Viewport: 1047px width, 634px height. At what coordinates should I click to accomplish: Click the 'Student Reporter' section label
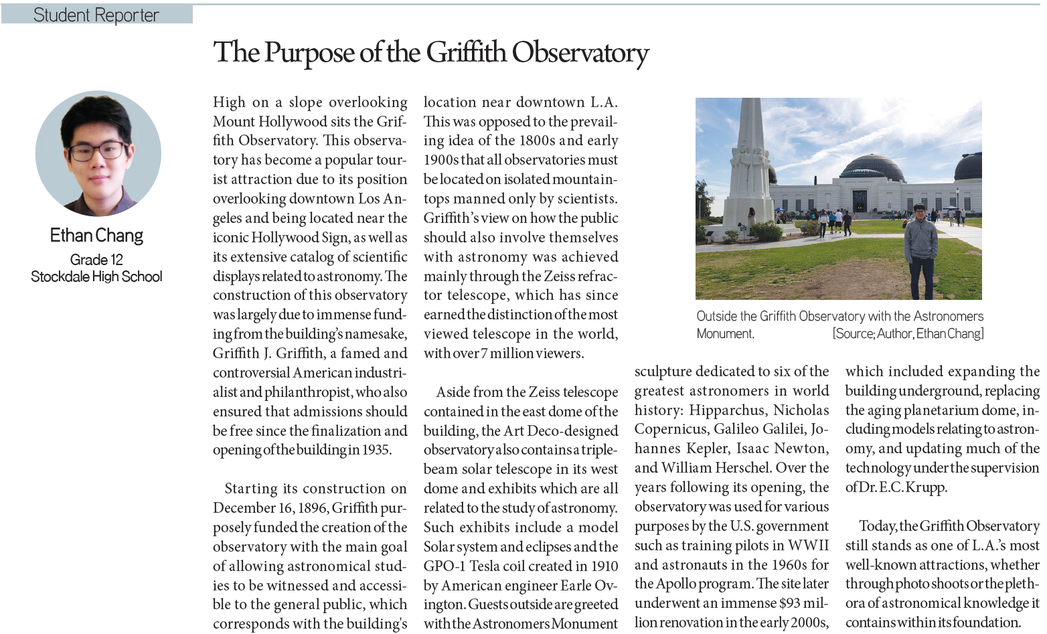(96, 15)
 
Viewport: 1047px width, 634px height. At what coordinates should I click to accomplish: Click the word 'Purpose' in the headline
(310, 53)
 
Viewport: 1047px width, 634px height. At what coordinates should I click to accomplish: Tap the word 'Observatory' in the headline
(580, 53)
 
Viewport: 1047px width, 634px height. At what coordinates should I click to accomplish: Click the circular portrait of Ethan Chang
(98, 153)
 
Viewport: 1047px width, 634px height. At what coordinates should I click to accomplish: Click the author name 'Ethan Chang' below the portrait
(96, 236)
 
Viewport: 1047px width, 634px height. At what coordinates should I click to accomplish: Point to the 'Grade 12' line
(96, 260)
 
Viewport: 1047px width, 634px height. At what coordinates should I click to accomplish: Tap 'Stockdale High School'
(96, 276)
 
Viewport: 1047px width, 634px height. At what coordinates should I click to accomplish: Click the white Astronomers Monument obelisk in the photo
(749, 161)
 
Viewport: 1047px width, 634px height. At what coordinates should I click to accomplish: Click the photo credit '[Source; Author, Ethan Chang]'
(908, 333)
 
